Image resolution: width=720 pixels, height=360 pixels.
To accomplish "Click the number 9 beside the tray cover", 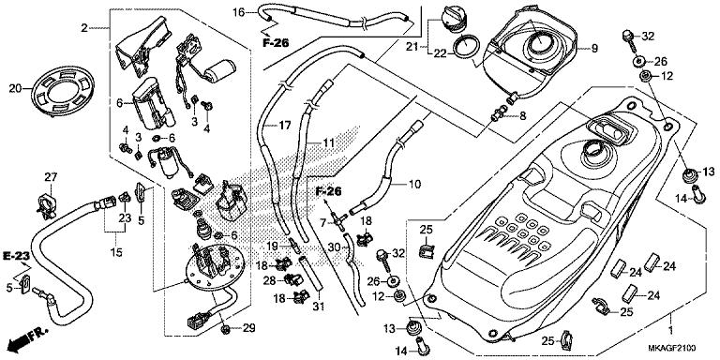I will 592,48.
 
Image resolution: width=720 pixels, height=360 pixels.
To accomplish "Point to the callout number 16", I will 238,12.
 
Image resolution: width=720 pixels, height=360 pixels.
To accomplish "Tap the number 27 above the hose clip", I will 51,177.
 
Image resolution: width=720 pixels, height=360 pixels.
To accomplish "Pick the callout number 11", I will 328,142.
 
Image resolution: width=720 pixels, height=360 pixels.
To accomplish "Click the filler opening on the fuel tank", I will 597,149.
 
